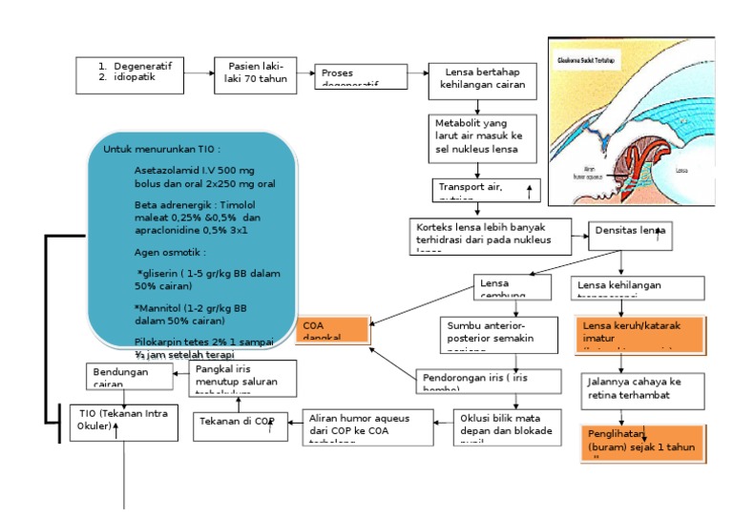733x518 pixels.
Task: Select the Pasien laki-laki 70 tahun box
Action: tap(255, 73)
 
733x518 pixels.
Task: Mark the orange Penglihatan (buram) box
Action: tap(641, 441)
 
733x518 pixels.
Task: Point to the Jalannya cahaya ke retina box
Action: tap(641, 389)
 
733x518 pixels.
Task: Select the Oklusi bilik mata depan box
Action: tap(508, 426)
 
